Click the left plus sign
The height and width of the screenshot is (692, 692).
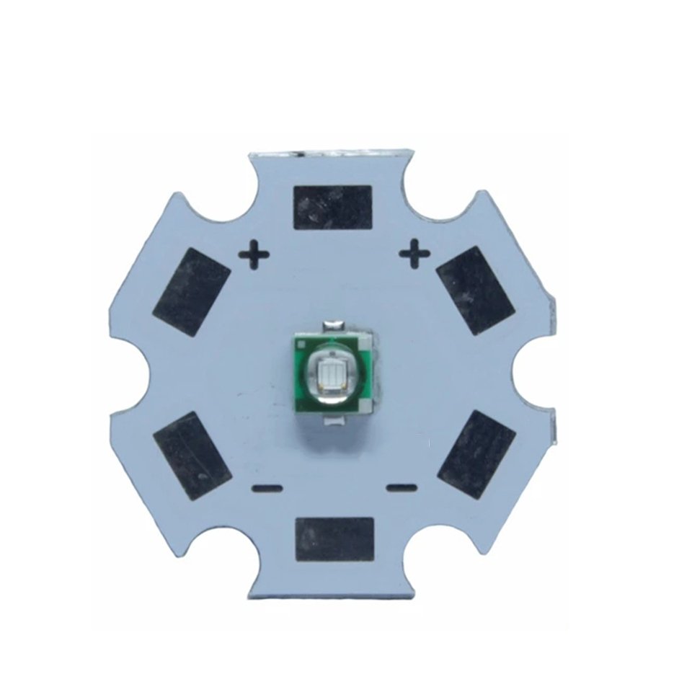click(x=254, y=254)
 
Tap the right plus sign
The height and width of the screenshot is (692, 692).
click(x=414, y=253)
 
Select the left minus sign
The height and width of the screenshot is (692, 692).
click(x=267, y=489)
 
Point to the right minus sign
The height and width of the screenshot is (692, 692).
click(x=402, y=488)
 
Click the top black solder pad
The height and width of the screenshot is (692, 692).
click(x=333, y=208)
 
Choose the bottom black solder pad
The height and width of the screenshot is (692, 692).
click(x=334, y=540)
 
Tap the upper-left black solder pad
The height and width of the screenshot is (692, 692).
click(x=192, y=289)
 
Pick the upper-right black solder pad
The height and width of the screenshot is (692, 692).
click(x=475, y=290)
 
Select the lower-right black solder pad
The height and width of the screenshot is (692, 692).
click(x=476, y=455)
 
